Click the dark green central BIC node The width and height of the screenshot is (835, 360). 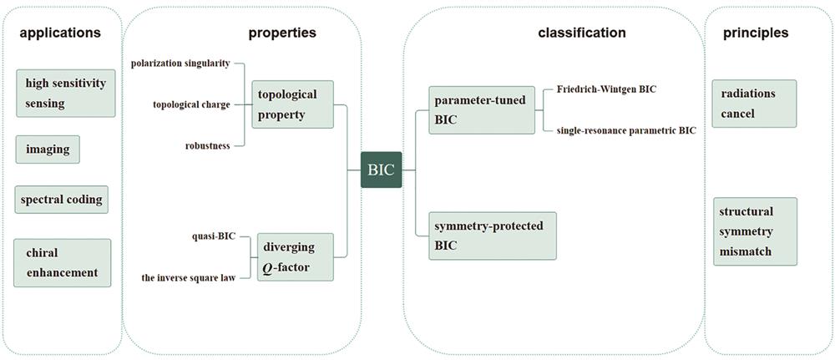tap(382, 170)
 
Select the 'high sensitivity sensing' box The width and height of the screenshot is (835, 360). tap(66, 94)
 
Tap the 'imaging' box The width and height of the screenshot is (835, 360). tap(48, 150)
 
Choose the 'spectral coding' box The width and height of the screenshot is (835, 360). tap(61, 200)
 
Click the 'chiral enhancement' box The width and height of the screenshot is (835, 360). tap(63, 263)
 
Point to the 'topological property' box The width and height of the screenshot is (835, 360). tap(292, 104)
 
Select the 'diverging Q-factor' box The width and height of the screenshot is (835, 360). tap(296, 257)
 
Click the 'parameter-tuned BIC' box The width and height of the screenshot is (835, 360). tap(482, 110)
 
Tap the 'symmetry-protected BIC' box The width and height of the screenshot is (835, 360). tap(493, 236)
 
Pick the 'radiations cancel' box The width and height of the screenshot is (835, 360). tap(754, 104)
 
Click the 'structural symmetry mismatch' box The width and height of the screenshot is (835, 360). tap(755, 231)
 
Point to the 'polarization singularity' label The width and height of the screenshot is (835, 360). tap(180, 64)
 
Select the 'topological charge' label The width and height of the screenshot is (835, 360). tap(192, 105)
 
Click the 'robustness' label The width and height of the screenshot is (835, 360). tap(208, 146)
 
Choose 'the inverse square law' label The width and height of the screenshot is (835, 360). tap(189, 277)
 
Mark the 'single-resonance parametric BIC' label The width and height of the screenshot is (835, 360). tap(626, 130)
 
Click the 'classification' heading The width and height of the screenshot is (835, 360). tap(581, 33)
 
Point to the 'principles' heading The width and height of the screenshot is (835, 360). tap(756, 33)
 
